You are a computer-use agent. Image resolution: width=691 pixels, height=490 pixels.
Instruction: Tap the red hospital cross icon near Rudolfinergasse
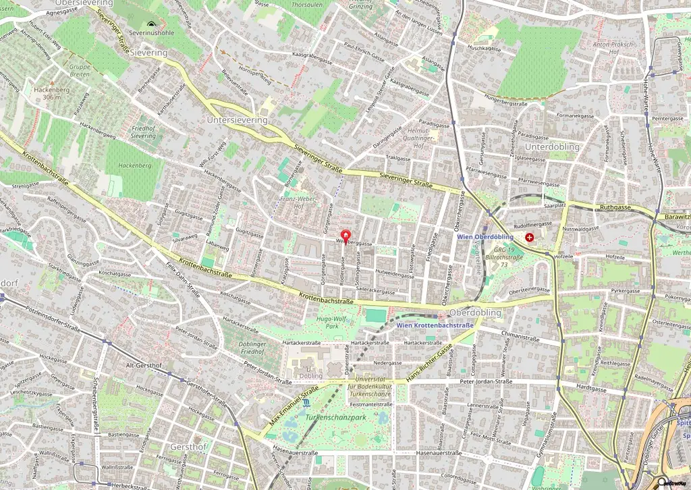pyautogui.click(x=530, y=238)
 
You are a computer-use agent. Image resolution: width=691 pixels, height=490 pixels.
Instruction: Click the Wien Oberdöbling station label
pyautogui.click(x=485, y=237)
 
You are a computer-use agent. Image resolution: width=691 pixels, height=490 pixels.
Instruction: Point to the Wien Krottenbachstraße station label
pyautogui.click(x=435, y=325)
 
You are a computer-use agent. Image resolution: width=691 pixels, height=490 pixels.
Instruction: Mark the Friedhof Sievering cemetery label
pyautogui.click(x=143, y=132)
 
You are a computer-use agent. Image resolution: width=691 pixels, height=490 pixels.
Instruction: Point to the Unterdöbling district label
pyautogui.click(x=552, y=146)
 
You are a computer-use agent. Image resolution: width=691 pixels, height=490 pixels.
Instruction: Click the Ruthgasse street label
pyautogui.click(x=613, y=208)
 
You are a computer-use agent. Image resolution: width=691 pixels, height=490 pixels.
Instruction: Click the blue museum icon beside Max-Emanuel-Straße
pyautogui.click(x=306, y=403)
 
